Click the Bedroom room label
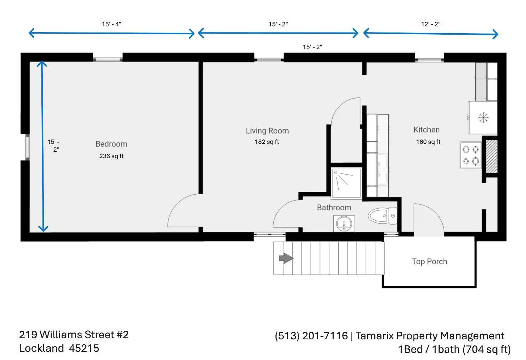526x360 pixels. tap(111, 144)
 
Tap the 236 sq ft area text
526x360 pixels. tap(111, 156)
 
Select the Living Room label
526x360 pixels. tap(267, 131)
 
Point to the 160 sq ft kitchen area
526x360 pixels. tap(428, 142)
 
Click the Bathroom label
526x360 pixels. tap(334, 207)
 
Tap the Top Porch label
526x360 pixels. tap(429, 261)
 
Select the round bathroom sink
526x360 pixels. tap(344, 224)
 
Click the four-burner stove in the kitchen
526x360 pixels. tap(470, 155)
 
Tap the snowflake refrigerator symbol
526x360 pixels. tap(483, 117)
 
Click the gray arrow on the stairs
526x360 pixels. tap(286, 258)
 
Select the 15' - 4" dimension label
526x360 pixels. tap(111, 24)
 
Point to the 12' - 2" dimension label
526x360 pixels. tap(430, 24)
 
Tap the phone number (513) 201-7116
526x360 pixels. tap(311, 336)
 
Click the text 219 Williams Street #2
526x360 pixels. tap(74, 335)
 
